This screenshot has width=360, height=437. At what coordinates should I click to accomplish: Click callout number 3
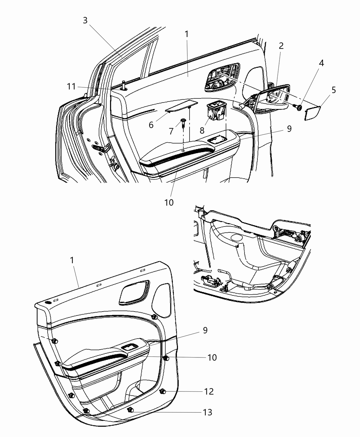tap(85, 20)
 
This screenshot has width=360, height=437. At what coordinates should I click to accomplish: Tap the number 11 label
tap(71, 86)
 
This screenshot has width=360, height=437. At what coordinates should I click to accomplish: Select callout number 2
tap(281, 46)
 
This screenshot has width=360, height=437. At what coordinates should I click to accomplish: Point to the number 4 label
tap(321, 63)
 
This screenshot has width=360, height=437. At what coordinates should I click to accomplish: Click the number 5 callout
tap(334, 90)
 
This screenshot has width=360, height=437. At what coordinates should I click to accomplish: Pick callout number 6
tap(151, 125)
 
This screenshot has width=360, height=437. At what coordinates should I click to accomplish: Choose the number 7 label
tap(171, 131)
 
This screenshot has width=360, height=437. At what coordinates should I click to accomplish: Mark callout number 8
tap(202, 130)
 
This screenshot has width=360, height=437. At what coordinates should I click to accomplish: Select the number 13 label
tap(207, 412)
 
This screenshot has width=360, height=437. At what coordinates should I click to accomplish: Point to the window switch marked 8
tap(215, 112)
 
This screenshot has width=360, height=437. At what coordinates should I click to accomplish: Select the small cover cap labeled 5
tap(312, 113)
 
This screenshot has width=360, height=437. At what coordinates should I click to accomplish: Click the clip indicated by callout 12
tap(163, 391)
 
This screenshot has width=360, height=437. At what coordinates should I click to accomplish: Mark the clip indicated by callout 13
tap(130, 410)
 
